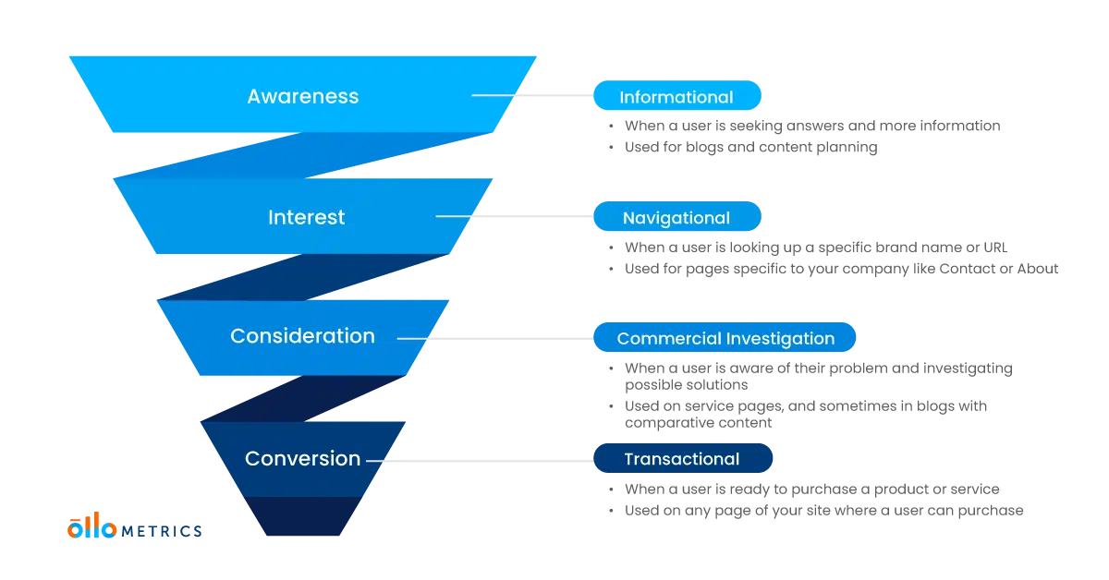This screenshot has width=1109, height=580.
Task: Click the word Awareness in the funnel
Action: [302, 96]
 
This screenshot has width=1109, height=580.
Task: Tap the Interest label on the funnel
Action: [306, 217]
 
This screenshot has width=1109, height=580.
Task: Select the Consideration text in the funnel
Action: [302, 336]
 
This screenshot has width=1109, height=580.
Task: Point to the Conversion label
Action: [302, 458]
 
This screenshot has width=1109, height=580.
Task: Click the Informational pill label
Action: [676, 97]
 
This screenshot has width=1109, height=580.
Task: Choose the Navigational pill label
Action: [676, 218]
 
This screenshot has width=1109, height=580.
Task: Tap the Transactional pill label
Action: [681, 459]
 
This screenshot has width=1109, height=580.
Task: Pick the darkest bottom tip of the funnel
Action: [289, 517]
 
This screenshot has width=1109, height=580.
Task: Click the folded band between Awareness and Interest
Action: [305, 154]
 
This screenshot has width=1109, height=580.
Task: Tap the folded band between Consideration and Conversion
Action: [305, 397]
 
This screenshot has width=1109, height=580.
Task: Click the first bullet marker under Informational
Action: [610, 126]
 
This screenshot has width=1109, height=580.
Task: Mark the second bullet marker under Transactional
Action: [610, 509]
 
